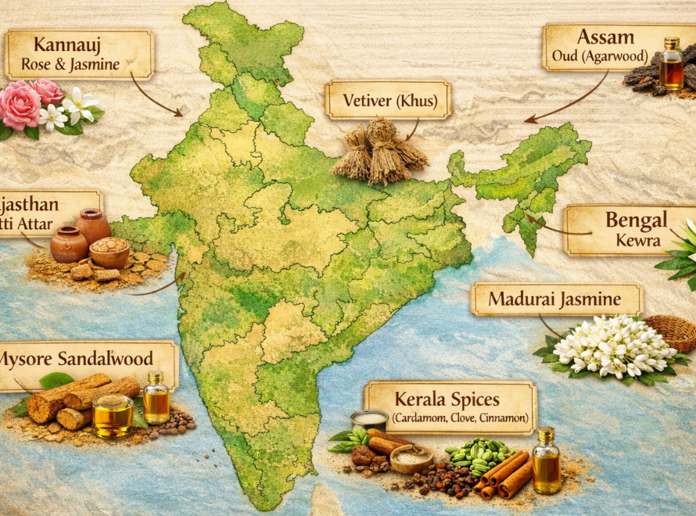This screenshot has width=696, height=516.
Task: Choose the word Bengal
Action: pos(636,219)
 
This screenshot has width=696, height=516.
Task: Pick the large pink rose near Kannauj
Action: pos(20,106)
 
